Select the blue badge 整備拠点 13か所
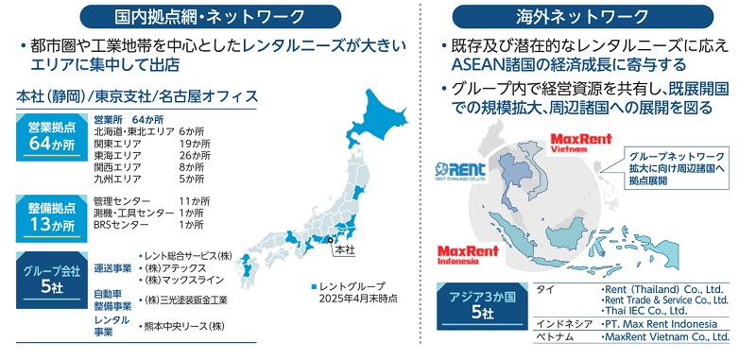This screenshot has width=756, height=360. [x=46, y=214]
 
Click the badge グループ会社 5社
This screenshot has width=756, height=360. [x=46, y=277]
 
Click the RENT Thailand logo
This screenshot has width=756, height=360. [x=467, y=170]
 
